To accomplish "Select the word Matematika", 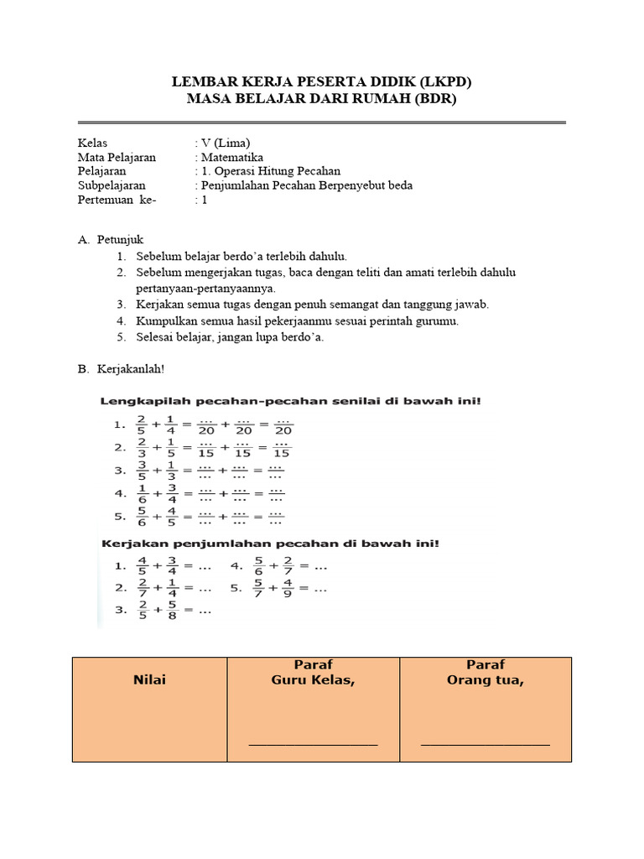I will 231,157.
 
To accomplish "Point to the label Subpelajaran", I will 112,185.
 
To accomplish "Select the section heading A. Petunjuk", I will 111,240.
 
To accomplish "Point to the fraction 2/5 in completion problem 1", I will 143,426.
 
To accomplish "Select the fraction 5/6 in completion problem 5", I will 143,516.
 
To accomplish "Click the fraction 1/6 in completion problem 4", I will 143,493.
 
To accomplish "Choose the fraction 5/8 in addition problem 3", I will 172,611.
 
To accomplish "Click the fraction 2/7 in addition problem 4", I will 287,566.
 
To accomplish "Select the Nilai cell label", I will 149,680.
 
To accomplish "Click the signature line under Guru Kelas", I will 314,743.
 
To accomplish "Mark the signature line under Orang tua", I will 486,743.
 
